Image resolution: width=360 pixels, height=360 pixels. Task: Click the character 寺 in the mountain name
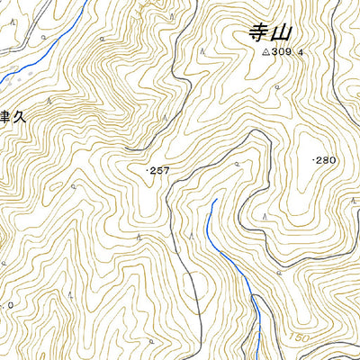pyautogui.click(x=257, y=34)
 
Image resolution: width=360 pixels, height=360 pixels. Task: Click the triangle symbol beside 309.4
pyautogui.click(x=265, y=53)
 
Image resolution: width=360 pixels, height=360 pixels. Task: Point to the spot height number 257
pyautogui.click(x=160, y=169)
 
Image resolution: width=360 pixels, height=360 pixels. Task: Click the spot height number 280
pyautogui.click(x=325, y=160)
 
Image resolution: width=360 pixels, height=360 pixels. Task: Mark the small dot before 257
pyautogui.click(x=147, y=169)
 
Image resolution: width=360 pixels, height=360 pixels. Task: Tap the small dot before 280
pyautogui.click(x=312, y=160)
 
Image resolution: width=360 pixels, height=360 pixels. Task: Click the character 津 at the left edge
pyautogui.click(x=3, y=119)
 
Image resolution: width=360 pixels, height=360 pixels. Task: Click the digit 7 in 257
pyautogui.click(x=166, y=169)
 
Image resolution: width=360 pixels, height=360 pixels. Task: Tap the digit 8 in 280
pyautogui.click(x=325, y=160)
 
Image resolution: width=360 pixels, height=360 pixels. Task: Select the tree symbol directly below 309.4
pyautogui.click(x=277, y=86)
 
